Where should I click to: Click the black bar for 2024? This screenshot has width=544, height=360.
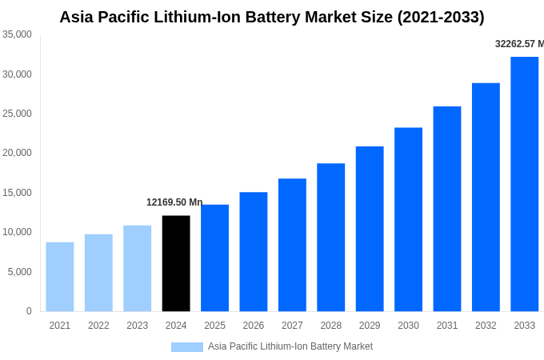pos(176,263)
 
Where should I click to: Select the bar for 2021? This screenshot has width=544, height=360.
pos(60,277)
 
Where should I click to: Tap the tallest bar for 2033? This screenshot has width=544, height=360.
pos(524,184)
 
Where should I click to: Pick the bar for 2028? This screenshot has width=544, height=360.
pos(330,237)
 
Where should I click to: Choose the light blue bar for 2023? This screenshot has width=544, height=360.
pos(137,268)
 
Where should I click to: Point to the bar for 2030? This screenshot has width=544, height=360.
pos(408,219)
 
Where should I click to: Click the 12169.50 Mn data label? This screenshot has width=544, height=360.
pos(174,202)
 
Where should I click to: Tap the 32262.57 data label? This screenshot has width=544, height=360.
pos(518,44)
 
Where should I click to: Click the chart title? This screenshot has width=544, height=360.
pos(272,17)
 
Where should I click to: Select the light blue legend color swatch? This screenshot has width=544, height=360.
pos(186,346)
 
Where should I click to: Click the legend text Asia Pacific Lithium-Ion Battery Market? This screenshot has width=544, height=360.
pos(290,346)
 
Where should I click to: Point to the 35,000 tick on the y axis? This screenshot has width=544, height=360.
pos(17,34)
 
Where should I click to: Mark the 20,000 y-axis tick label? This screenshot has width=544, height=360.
pos(17,153)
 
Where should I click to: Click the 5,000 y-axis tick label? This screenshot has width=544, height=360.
pos(19,272)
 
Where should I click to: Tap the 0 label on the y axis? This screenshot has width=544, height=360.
pos(29,311)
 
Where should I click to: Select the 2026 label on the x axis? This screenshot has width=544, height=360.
pos(253,326)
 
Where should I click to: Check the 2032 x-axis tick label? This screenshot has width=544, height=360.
pos(486,326)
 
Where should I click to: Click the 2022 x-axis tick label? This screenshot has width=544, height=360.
pos(98,326)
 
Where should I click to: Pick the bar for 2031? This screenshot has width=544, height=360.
pos(447,209)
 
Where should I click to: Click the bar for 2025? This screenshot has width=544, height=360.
pos(214,258)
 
